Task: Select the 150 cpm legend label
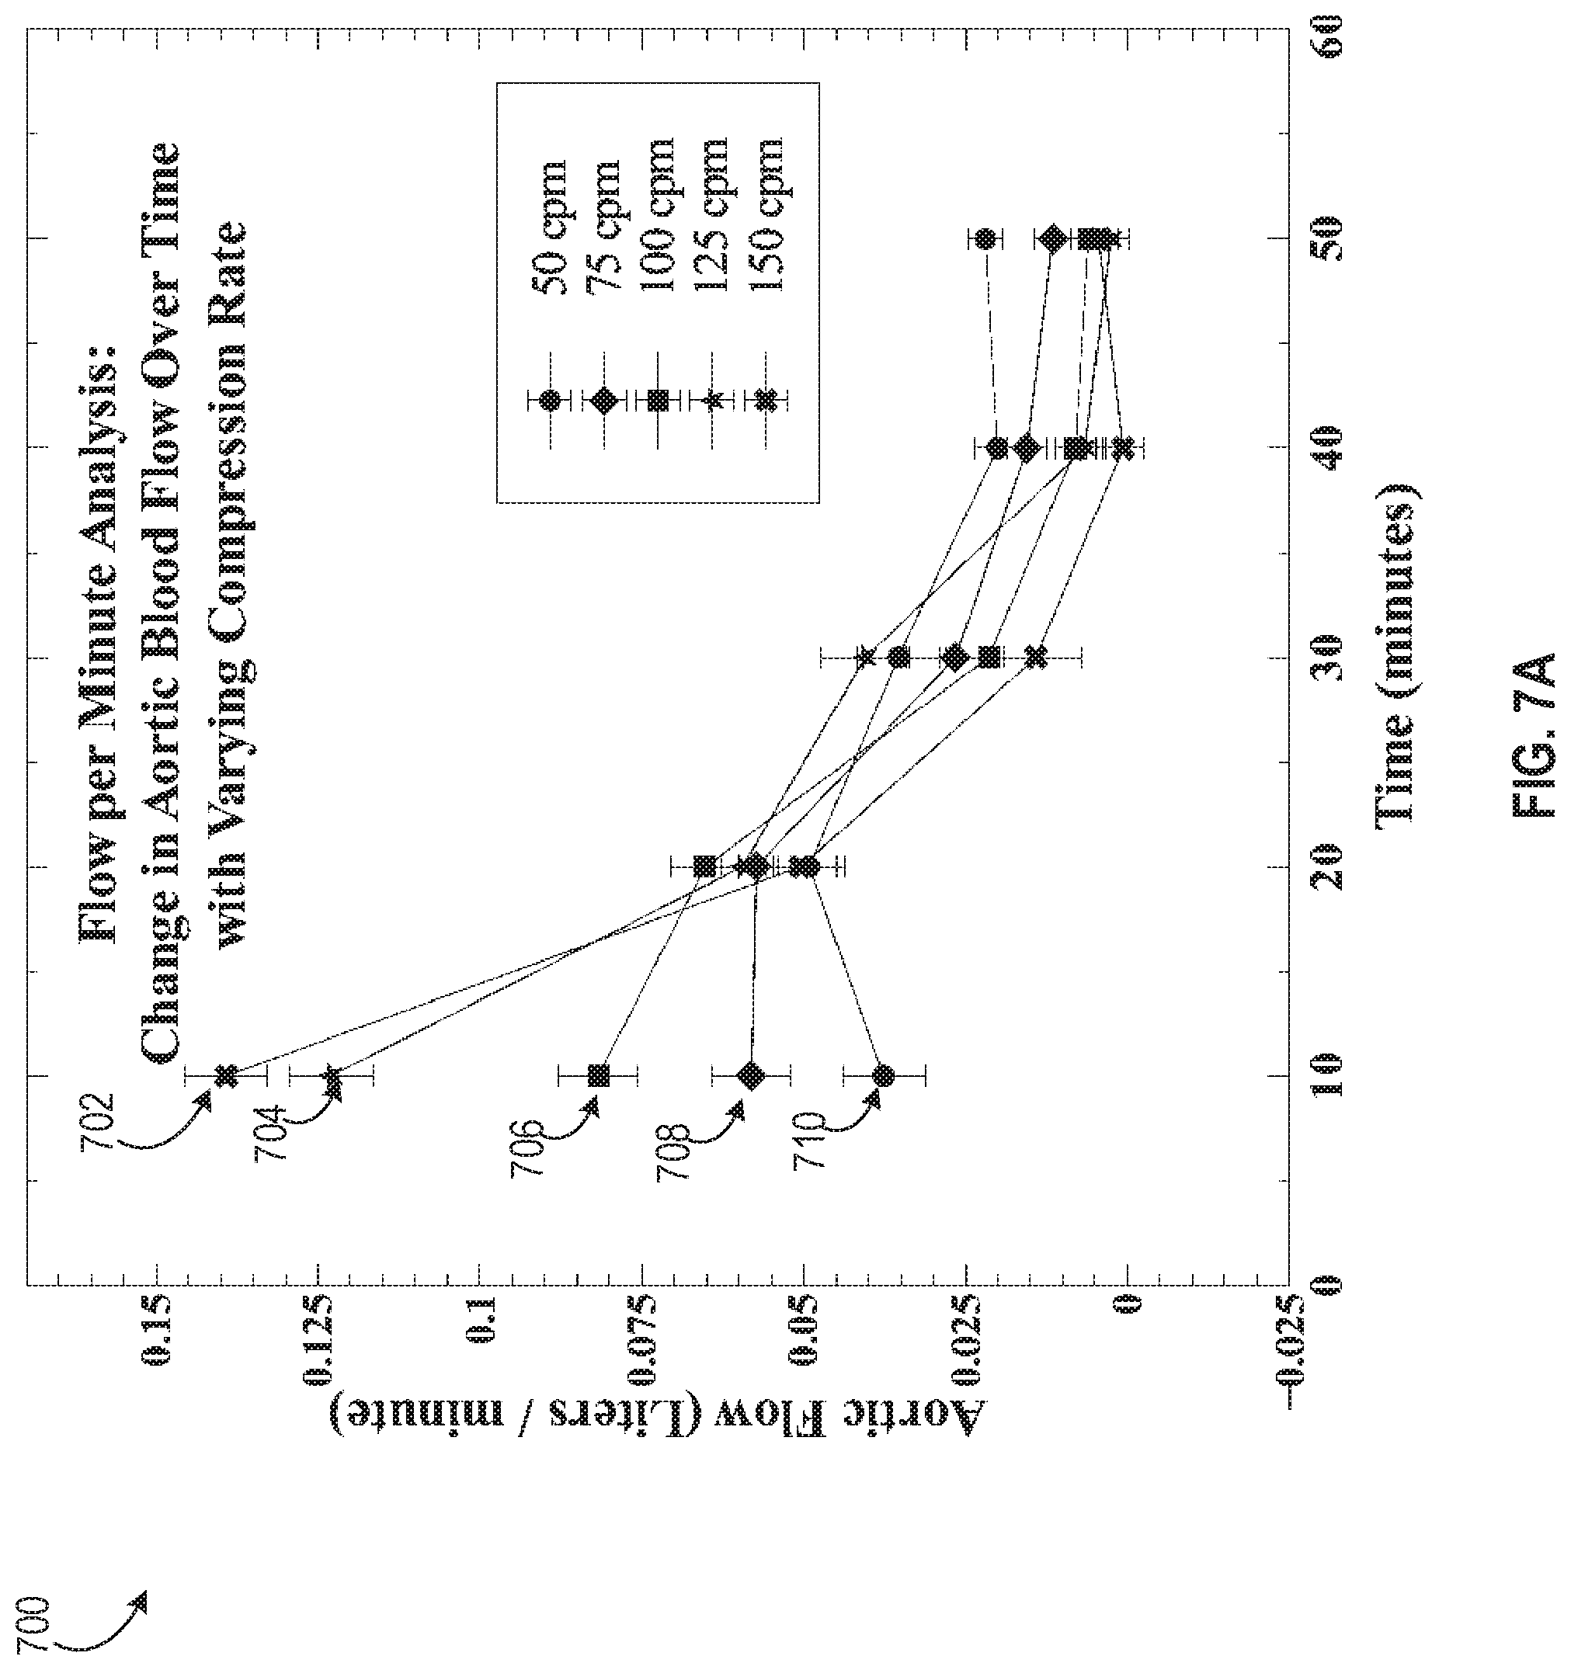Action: pos(766,215)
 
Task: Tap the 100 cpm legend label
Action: pos(659,215)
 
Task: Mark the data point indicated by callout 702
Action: pos(225,1075)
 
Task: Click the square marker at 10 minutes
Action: pos(597,1075)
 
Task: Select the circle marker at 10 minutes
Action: pos(883,1075)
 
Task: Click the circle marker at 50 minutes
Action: pos(987,239)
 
